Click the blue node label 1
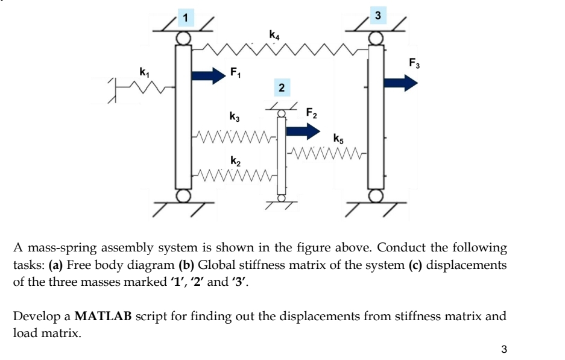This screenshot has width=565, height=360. click(x=186, y=17)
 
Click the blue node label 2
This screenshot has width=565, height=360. click(x=282, y=87)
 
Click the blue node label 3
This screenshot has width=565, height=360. click(x=378, y=15)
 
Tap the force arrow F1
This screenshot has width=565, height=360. click(x=209, y=75)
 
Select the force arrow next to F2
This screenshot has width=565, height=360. click(x=303, y=131)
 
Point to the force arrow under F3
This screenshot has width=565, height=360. click(x=401, y=83)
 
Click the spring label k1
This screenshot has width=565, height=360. click(x=144, y=72)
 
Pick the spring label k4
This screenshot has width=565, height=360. click(x=274, y=35)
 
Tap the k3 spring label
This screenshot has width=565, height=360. click(x=235, y=116)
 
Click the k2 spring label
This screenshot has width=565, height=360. click(x=235, y=161)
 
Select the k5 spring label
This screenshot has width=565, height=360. click(x=338, y=139)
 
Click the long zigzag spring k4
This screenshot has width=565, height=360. click(x=280, y=49)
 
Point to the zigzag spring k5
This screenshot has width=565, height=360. click(x=327, y=153)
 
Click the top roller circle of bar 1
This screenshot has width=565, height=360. click(x=183, y=38)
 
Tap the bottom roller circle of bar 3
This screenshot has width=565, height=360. click(x=376, y=196)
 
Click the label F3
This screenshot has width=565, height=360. click(x=414, y=63)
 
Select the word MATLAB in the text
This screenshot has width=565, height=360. click(x=103, y=316)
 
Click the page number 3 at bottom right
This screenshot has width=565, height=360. click(x=503, y=349)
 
